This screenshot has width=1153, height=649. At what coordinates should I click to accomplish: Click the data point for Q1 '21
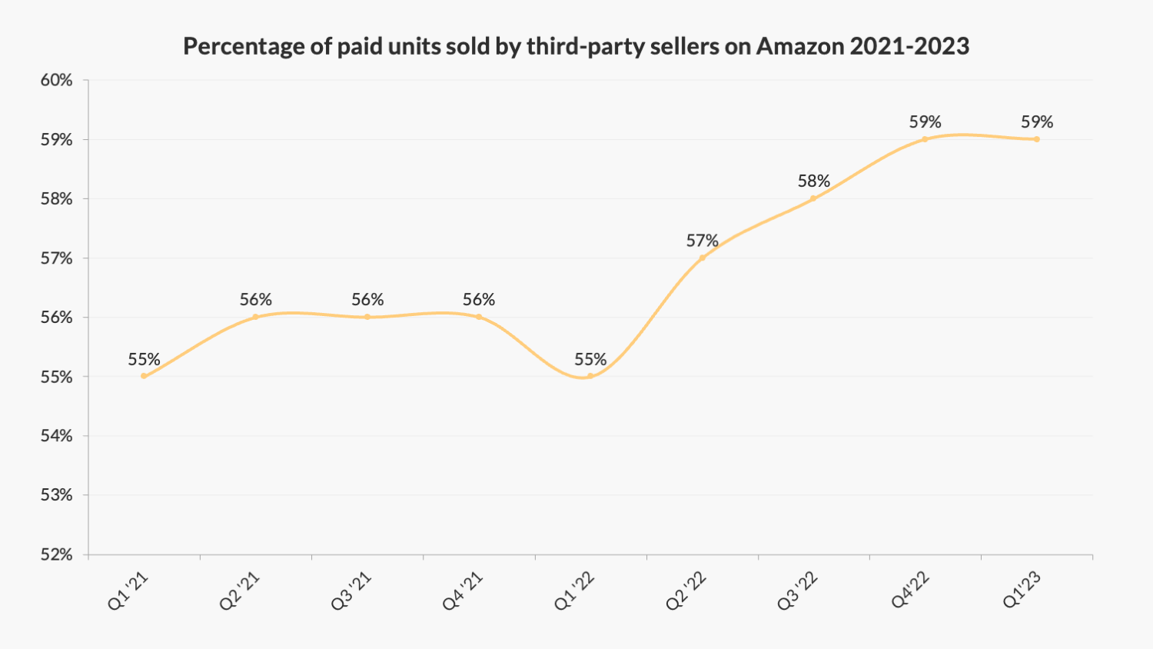click(x=144, y=376)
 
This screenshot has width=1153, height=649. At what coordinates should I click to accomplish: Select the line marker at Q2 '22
click(x=702, y=258)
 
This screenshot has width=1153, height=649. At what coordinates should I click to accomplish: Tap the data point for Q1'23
click(x=1037, y=139)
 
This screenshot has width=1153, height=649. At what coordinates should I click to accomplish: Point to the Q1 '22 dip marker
click(x=590, y=376)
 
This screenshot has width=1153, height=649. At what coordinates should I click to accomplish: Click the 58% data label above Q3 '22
click(x=813, y=181)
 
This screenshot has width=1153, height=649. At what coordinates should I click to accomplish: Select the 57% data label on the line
click(x=702, y=241)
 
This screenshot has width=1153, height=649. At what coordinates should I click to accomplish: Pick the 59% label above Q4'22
click(x=925, y=122)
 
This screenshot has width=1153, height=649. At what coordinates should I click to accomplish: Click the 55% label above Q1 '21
click(x=144, y=359)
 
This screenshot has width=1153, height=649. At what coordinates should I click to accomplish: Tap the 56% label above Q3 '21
click(x=367, y=300)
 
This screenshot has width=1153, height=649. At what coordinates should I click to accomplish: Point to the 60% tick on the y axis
click(x=56, y=80)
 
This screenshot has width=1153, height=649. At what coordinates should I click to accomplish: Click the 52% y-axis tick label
click(x=56, y=554)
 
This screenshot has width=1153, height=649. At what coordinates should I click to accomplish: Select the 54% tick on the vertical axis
click(x=56, y=436)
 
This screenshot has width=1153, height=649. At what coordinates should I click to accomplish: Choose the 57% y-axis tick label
click(x=56, y=258)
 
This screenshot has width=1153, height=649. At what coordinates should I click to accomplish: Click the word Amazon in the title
click(x=800, y=46)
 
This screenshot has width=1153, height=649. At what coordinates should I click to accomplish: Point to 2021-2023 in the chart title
click(x=909, y=46)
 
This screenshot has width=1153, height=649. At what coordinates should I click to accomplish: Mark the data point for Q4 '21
click(x=479, y=317)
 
